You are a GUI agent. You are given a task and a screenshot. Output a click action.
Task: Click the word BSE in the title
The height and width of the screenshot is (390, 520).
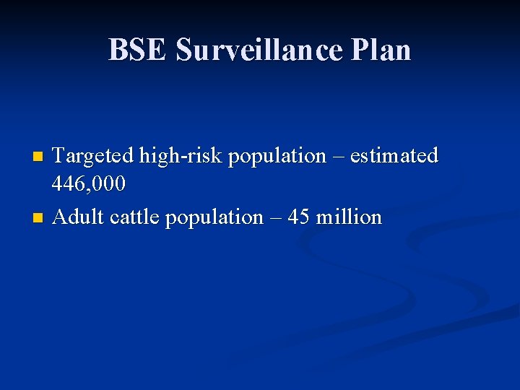click(138, 50)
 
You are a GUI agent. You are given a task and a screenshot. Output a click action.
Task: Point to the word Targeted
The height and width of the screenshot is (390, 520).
click(93, 155)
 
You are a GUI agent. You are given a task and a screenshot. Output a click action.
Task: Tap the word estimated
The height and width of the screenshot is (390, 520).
click(394, 155)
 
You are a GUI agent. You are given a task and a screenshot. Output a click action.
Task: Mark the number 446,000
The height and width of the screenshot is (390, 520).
click(89, 184)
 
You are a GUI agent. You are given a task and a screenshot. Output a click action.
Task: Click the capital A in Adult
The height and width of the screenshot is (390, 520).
click(60, 217)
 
